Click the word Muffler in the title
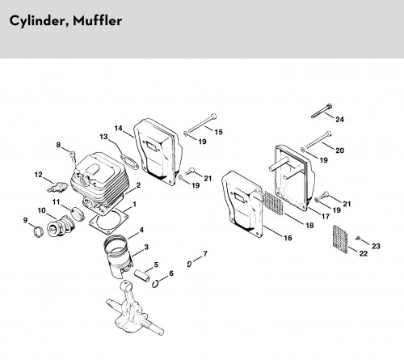click(x=98, y=21)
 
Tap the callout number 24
click(x=339, y=119)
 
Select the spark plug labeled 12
click(x=57, y=187)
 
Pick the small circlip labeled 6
click(x=154, y=284)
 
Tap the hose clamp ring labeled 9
click(x=38, y=232)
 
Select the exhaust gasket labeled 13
click(x=129, y=162)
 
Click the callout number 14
click(x=118, y=129)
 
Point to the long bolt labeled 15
click(x=201, y=125)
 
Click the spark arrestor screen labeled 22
click(x=340, y=239)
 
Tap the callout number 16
click(x=288, y=238)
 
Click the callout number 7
click(x=205, y=254)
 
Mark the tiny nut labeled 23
click(x=358, y=238)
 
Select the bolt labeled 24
click(x=322, y=111)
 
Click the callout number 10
click(x=42, y=210)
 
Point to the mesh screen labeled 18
click(x=274, y=203)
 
